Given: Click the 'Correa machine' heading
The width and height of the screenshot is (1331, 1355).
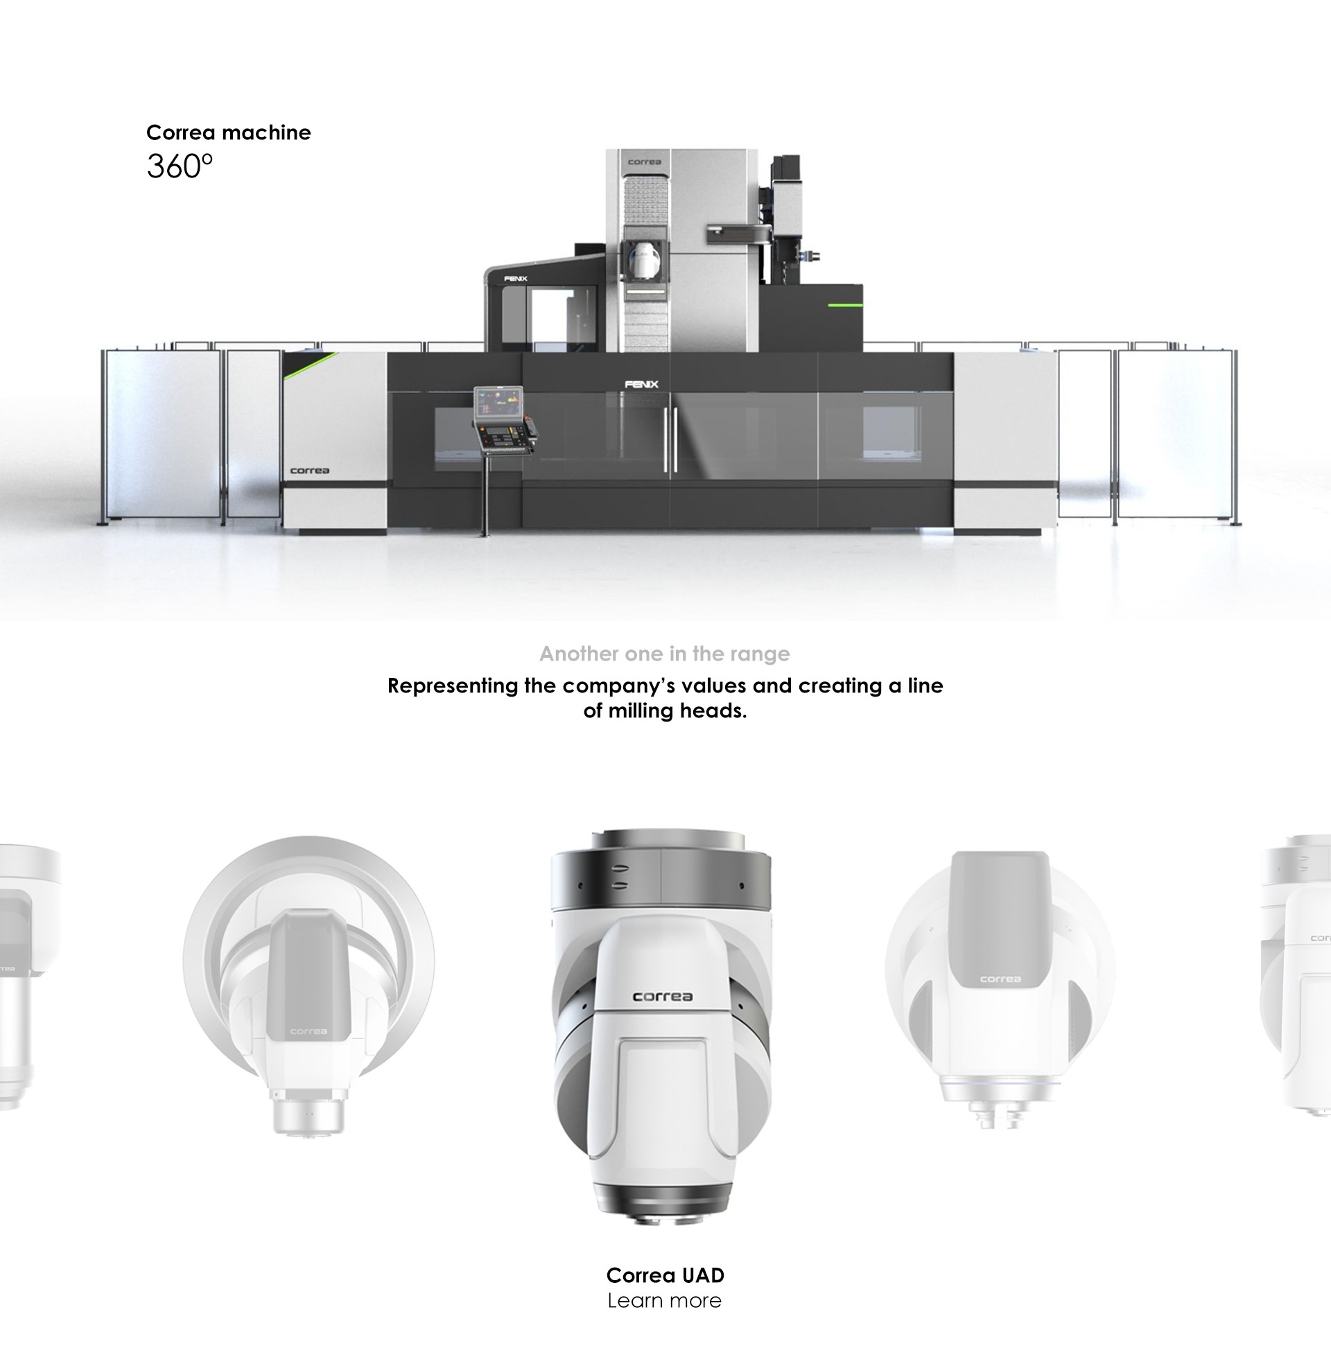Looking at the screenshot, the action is (229, 132).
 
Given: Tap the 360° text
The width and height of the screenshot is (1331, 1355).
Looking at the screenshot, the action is (180, 166).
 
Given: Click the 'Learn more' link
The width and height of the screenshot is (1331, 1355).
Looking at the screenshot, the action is (665, 1300).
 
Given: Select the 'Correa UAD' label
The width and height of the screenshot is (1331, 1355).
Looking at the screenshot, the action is (665, 1275).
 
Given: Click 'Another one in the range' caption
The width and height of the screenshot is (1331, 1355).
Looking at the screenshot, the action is (665, 654).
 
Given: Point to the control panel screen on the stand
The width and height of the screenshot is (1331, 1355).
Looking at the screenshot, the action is (498, 403).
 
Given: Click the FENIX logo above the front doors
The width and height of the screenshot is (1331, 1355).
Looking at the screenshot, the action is (642, 384).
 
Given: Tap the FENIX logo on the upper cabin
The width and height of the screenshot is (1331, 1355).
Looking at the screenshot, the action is (516, 279).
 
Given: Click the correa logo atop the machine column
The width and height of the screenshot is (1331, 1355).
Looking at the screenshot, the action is (644, 162).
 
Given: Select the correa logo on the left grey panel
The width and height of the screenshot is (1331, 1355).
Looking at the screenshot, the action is (310, 471).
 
